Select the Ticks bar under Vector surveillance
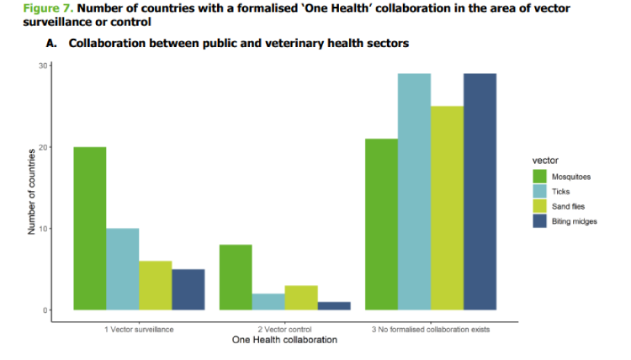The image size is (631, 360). [123, 269]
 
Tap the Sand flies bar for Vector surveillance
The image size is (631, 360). [156, 286]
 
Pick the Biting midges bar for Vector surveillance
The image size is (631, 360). [188, 290]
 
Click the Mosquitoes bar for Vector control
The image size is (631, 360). [236, 278]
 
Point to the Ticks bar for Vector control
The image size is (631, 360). [268, 303]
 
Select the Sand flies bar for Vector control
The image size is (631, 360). [301, 299]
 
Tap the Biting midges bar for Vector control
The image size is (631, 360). [334, 306]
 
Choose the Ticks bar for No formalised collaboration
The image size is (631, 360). [414, 192]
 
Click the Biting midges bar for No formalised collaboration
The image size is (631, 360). [480, 192]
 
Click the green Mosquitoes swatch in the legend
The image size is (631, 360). [540, 177]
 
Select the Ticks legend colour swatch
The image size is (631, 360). [540, 192]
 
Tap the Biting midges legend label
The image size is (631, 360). [574, 221]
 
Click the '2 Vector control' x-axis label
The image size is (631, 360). [284, 329]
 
